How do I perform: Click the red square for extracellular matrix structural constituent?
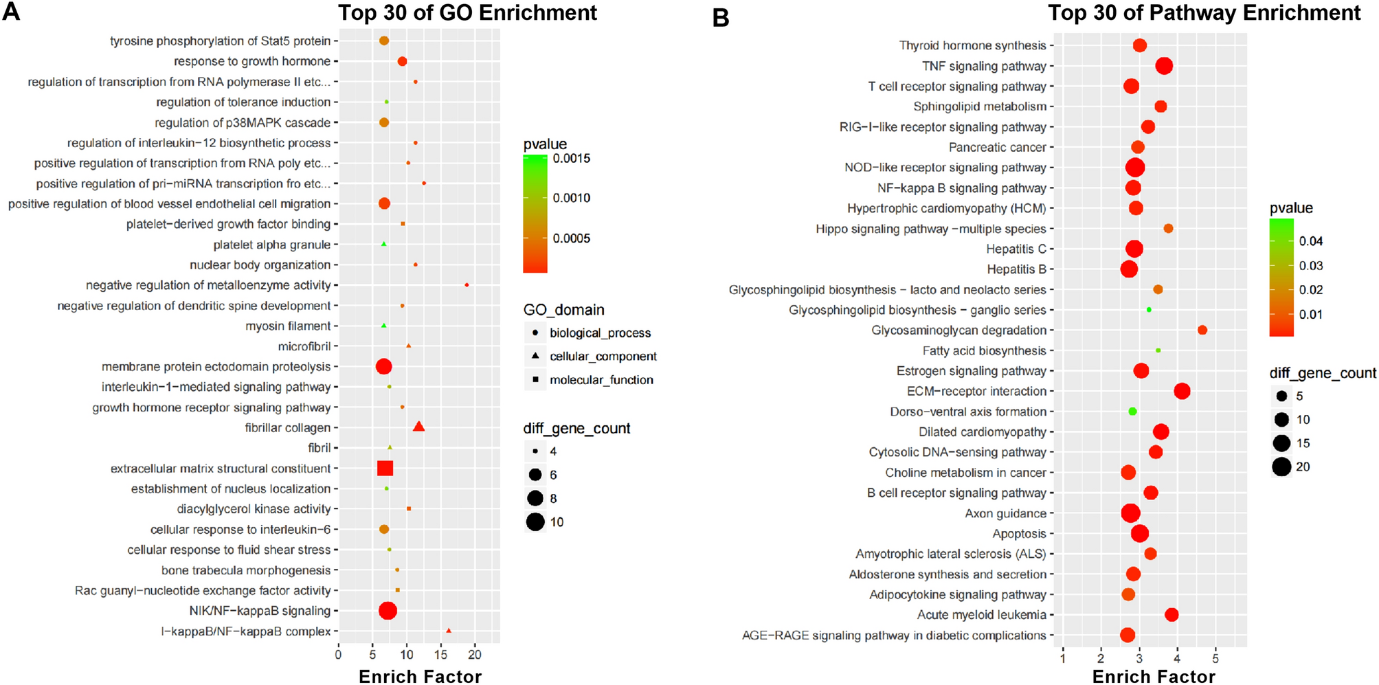pos(385,469)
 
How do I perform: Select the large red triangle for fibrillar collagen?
pos(418,427)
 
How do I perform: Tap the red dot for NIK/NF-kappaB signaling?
pos(388,611)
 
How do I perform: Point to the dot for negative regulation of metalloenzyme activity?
pos(467,285)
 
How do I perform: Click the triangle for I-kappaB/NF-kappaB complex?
pos(449,631)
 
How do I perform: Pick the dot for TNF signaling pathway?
pos(1164,66)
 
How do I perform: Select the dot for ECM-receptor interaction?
pos(1182,391)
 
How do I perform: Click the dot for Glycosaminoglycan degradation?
pos(1202,330)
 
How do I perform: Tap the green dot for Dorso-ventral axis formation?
pos(1132,412)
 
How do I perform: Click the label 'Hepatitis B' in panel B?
pos(1016,269)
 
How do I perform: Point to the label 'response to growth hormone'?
pos(252,61)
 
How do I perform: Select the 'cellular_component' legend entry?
pos(603,356)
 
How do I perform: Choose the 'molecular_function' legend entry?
pos(601,380)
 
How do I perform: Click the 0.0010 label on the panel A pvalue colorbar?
pos(572,198)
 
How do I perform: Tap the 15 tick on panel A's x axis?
pos(441,655)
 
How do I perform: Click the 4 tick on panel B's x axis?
pos(1177,659)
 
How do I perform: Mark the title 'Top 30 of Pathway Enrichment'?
pos(1204,13)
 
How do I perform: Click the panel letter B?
pos(721,17)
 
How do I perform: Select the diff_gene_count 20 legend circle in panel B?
pos(1281,467)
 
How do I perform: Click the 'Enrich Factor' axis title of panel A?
pos(420,677)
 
